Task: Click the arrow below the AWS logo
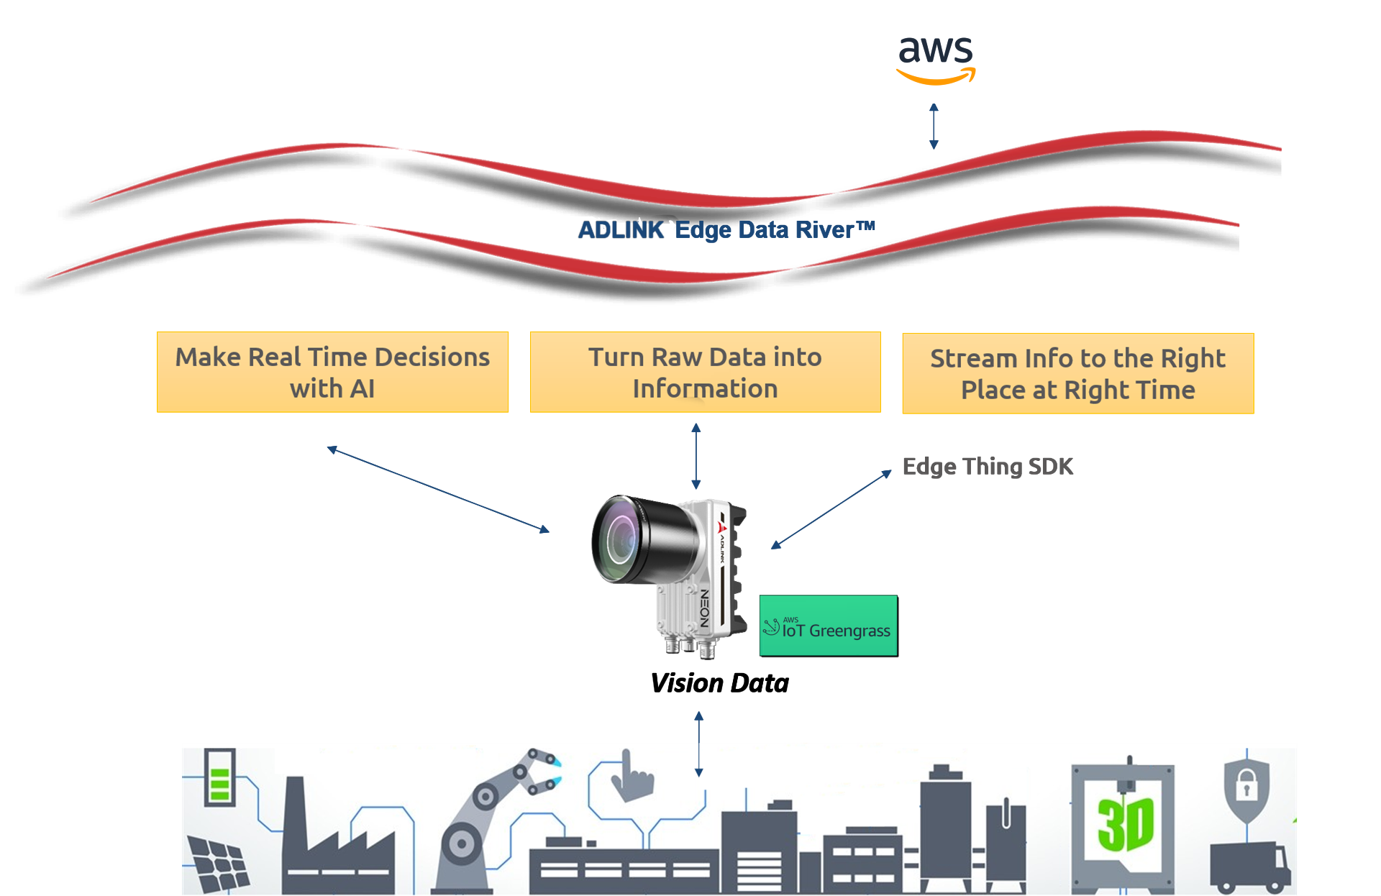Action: point(934,127)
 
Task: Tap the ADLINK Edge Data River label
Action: point(726,230)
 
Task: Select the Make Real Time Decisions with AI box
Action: point(332,372)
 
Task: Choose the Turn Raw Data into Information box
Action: point(705,372)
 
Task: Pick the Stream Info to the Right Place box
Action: point(1077,373)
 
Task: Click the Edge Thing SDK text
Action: point(988,467)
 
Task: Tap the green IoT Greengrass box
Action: point(828,625)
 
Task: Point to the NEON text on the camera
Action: point(705,608)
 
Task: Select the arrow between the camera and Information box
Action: point(696,457)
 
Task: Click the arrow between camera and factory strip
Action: point(698,744)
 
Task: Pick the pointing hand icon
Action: point(631,778)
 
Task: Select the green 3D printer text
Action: point(1125,824)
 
